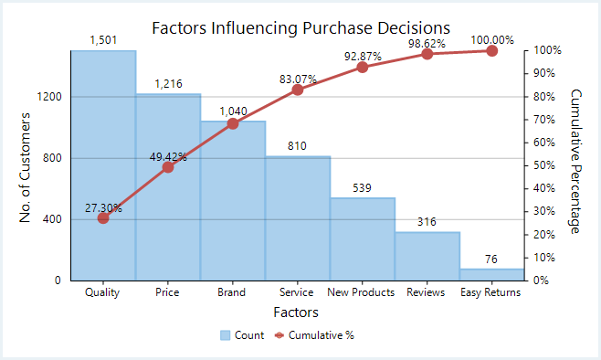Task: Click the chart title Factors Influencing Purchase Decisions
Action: (x=300, y=27)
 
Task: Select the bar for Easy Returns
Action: (x=491, y=274)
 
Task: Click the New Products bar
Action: (x=362, y=238)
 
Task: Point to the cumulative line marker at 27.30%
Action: (x=103, y=217)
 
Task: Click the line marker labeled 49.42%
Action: (x=168, y=167)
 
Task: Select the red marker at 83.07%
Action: (x=298, y=90)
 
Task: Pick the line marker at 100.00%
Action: (x=491, y=51)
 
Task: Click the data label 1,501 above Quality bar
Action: (x=103, y=39)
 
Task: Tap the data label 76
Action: (x=491, y=259)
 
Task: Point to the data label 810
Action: (x=298, y=145)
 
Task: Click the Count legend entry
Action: (x=242, y=335)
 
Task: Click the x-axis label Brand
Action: (x=232, y=292)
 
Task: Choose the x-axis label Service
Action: (x=297, y=292)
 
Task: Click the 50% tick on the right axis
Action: (x=543, y=165)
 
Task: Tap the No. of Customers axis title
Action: (x=26, y=167)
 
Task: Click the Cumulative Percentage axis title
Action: (x=575, y=162)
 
